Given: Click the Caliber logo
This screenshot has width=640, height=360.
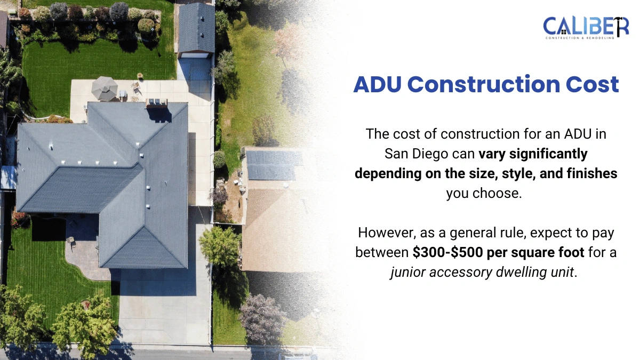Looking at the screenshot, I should pyautogui.click(x=586, y=27).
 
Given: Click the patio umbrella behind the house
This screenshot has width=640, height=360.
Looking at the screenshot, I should pyautogui.click(x=105, y=87).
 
